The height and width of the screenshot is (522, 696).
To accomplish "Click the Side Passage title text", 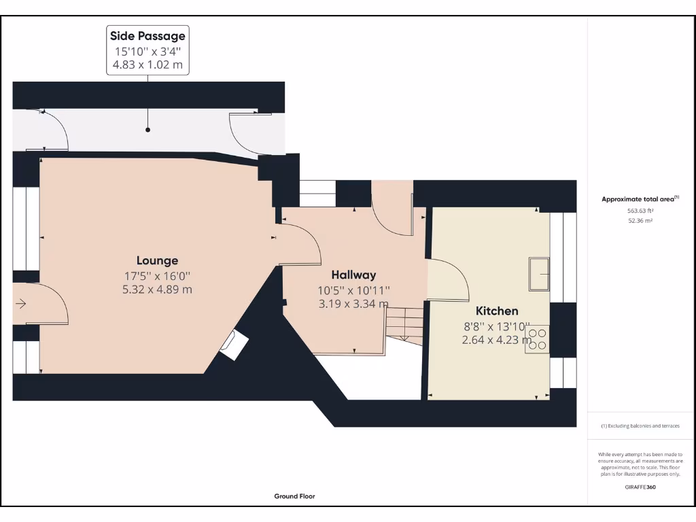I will point(147,36).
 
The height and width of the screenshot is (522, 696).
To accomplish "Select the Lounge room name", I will point(157,260).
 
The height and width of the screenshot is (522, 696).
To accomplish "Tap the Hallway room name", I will point(353,275).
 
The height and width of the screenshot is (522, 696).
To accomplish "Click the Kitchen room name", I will point(497,311).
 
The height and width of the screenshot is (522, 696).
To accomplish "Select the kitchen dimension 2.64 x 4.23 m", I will point(497,340).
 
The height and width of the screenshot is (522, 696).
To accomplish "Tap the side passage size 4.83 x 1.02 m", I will point(147,66).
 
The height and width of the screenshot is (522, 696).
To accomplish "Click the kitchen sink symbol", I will point(540,274).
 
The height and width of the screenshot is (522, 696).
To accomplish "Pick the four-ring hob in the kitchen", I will point(537,338).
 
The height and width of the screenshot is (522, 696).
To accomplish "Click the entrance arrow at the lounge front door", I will point(21,304).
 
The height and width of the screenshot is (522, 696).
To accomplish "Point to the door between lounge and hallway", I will point(301,245).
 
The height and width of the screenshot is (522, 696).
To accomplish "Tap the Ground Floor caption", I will point(294,496).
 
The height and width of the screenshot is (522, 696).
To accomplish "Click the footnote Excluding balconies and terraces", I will point(640,426).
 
